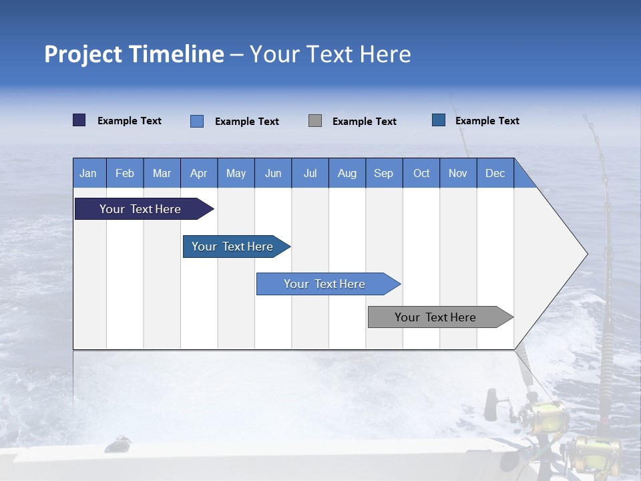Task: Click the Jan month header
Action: coord(89,173)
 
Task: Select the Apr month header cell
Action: coord(198,173)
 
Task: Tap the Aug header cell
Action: coord(347,173)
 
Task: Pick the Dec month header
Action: coord(495,173)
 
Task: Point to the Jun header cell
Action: coord(272,173)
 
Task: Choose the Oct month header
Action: coord(421,173)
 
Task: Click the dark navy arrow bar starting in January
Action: coord(141,209)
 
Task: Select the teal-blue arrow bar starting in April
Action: coord(233,247)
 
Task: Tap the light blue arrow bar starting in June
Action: coord(325,284)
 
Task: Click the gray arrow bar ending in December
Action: coord(436,317)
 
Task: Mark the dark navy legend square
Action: coord(79,120)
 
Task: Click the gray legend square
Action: coord(315,121)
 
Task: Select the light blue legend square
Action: coord(197,121)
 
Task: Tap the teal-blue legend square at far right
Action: coord(439,120)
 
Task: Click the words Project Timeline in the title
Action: coord(134,54)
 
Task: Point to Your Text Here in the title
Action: coord(330,54)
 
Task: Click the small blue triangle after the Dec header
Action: coord(523,177)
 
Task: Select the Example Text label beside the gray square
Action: coord(364,121)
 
